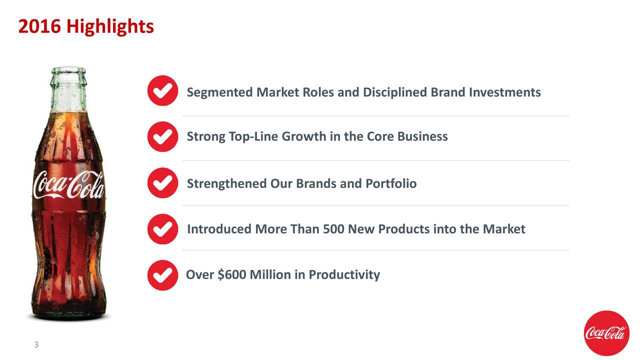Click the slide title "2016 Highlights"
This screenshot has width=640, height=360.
(85, 26)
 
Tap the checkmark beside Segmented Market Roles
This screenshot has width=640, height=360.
(162, 90)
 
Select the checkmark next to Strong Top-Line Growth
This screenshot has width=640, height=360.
(162, 136)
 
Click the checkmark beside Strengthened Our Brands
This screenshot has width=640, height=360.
(162, 183)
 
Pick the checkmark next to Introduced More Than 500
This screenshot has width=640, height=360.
(162, 229)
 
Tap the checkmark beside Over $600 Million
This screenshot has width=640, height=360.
(162, 275)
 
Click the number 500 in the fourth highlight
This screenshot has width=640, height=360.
(333, 229)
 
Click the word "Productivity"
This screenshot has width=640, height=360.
(344, 274)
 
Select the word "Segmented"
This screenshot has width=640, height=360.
(219, 92)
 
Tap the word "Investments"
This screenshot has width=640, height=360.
(504, 92)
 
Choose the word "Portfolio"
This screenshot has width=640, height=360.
(390, 183)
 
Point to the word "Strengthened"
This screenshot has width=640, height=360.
(226, 183)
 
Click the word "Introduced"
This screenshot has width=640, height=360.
(219, 229)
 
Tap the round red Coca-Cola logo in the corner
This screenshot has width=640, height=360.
(606, 333)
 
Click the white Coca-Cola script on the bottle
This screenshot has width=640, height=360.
(68, 185)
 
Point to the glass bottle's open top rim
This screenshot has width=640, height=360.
(68, 70)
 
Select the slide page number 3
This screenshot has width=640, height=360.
(36, 345)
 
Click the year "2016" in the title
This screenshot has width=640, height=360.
(39, 26)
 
